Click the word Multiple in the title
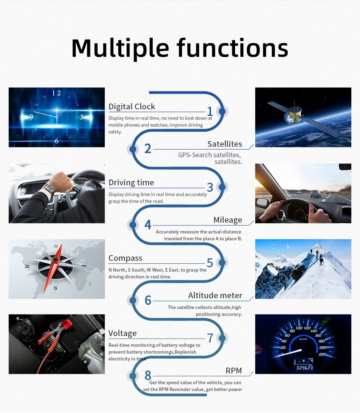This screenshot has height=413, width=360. click(x=120, y=48)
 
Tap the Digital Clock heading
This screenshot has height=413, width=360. click(x=132, y=107)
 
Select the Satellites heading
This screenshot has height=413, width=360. click(x=225, y=144)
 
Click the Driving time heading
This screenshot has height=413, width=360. click(x=131, y=182)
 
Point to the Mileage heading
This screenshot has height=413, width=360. click(x=228, y=220)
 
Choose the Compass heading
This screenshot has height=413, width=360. click(x=125, y=258)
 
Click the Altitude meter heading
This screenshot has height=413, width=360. click(x=215, y=295)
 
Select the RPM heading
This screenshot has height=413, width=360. click(x=234, y=371)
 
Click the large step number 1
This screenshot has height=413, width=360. click(x=210, y=112)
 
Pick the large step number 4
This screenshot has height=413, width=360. click(x=148, y=225)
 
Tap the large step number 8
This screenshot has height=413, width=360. click(x=148, y=375)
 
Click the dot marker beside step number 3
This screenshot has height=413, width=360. click(x=222, y=187)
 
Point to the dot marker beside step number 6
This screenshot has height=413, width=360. click(x=133, y=300)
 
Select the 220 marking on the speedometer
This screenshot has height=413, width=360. click(x=323, y=354)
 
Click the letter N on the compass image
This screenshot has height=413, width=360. click(x=55, y=246)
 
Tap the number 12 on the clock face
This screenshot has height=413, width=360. click(x=57, y=93)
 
